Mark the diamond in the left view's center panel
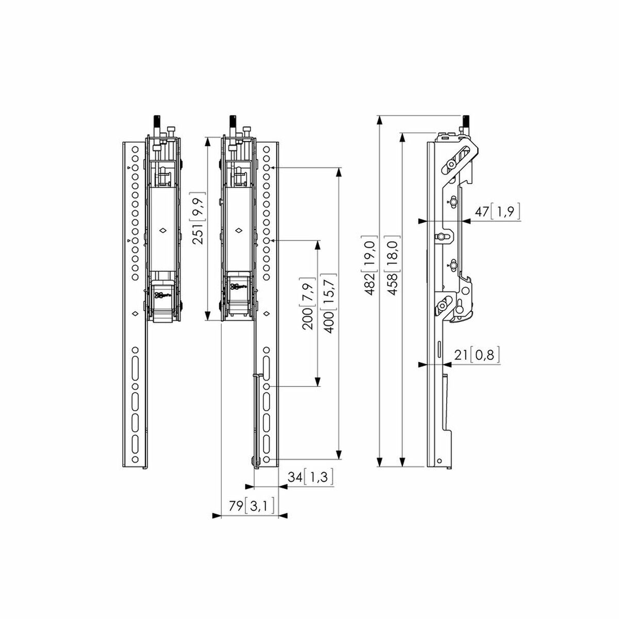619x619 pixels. click(x=162, y=231)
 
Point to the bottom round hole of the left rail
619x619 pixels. click(x=135, y=459)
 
